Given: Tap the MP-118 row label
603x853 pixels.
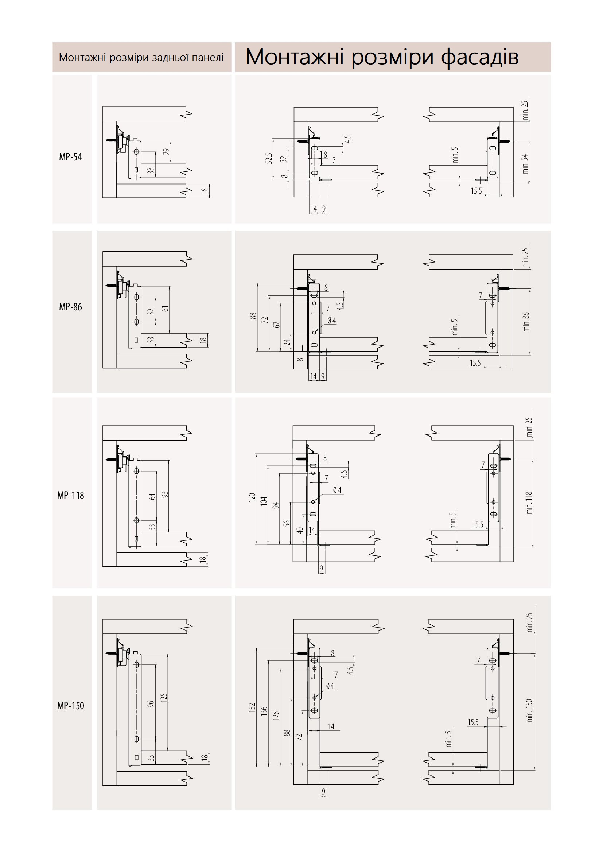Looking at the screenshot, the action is click(71, 495).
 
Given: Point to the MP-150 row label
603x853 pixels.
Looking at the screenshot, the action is click(71, 706).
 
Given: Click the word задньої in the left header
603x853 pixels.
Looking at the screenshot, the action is click(166, 58).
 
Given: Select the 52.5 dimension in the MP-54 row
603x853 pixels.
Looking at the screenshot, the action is click(269, 158).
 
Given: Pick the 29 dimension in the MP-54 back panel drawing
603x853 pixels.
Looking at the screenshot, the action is click(166, 152).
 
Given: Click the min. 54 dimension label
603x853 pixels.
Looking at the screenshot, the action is click(525, 164).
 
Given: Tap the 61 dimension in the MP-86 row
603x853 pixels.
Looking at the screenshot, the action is click(165, 309).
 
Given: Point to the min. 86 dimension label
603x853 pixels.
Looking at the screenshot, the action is click(526, 322).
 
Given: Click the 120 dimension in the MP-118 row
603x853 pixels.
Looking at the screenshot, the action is click(252, 497).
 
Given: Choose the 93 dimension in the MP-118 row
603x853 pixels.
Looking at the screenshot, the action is click(165, 495).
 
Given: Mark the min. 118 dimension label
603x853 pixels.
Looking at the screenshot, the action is click(529, 503).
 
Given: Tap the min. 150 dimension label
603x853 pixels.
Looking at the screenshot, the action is click(529, 710).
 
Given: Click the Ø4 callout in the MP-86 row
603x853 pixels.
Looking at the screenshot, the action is click(331, 321).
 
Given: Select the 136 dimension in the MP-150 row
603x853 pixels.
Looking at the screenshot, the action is click(264, 712).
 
